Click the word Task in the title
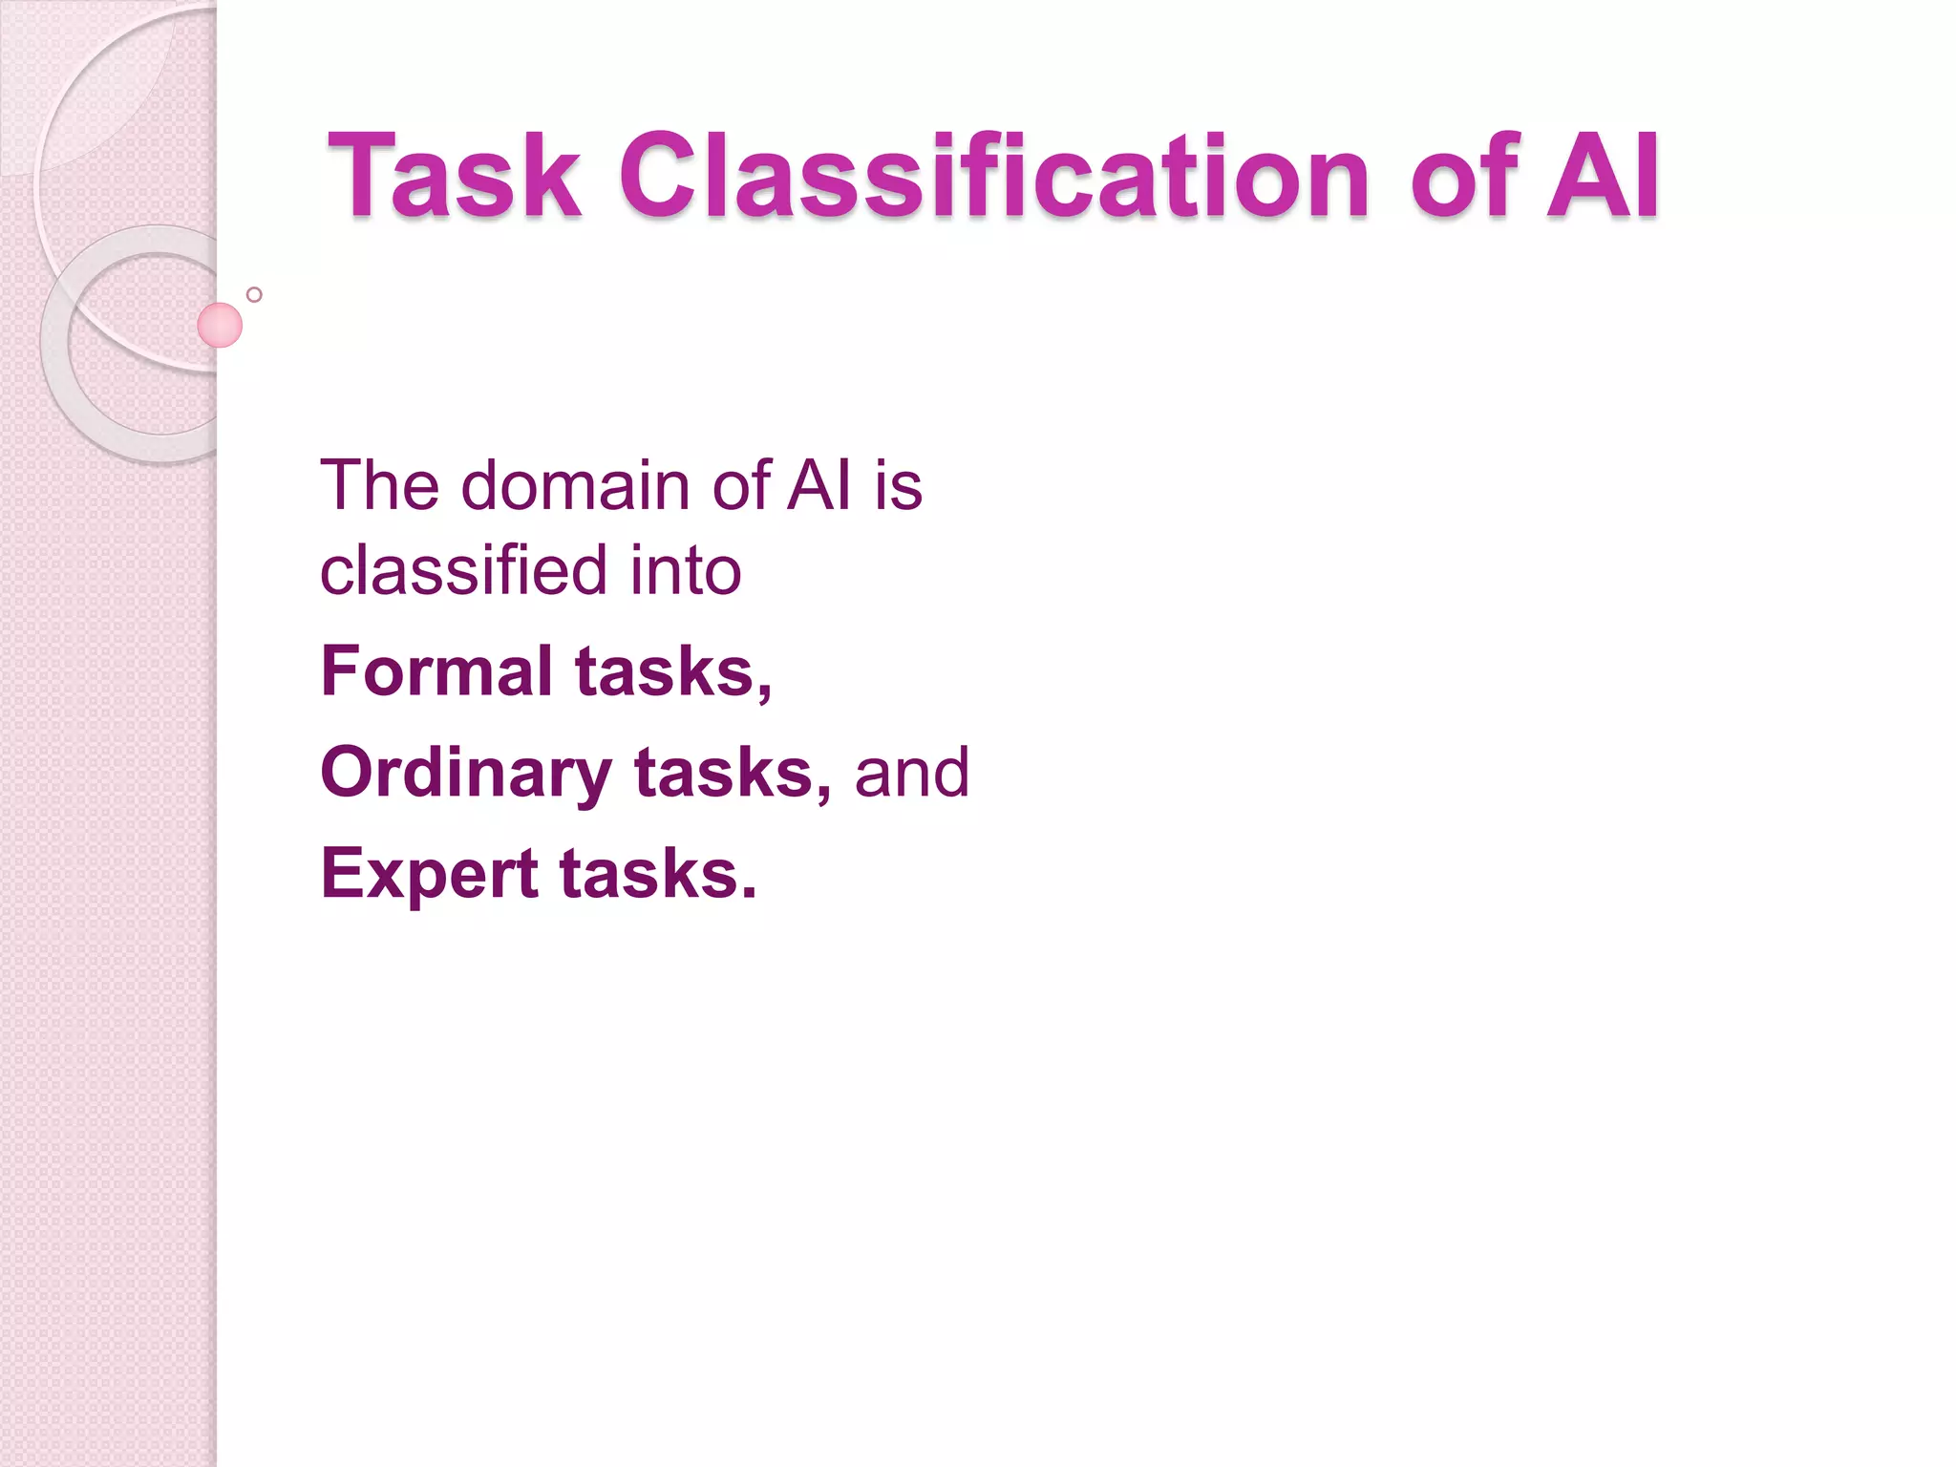pyautogui.click(x=455, y=177)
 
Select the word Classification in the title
pyautogui.click(x=994, y=177)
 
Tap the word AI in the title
pyautogui.click(x=1604, y=177)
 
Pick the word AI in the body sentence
pyautogui.click(x=819, y=486)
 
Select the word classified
pyautogui.click(x=463, y=571)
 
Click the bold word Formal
pyautogui.click(x=436, y=671)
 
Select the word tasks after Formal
pyautogui.click(x=672, y=671)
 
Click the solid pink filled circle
pyautogui.click(x=220, y=326)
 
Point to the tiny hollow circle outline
pyautogui.click(x=254, y=295)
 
